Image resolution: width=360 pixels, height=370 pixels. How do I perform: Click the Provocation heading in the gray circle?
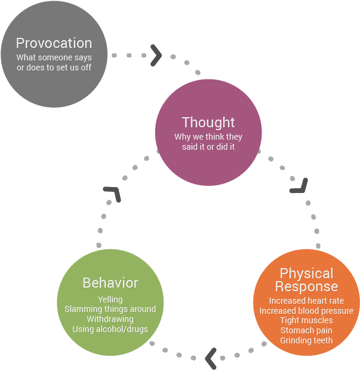pyautogui.click(x=54, y=43)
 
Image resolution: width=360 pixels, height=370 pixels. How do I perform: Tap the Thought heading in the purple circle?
pyautogui.click(x=208, y=123)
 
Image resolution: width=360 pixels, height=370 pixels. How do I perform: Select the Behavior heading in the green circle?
pyautogui.click(x=110, y=283)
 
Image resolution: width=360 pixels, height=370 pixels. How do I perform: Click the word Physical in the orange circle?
pyautogui.click(x=306, y=274)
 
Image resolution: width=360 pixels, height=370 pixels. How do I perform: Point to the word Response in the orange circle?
pyautogui.click(x=306, y=287)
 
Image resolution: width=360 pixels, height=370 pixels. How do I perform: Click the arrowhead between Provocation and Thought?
pyautogui.click(x=157, y=55)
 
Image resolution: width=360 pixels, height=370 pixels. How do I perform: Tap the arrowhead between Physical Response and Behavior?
pyautogui.click(x=210, y=358)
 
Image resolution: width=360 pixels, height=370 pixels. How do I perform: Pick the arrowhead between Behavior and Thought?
pyautogui.click(x=112, y=194)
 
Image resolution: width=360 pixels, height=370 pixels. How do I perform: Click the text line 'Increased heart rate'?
pyautogui.click(x=306, y=301)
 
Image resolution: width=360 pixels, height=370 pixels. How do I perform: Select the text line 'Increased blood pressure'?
pyautogui.click(x=306, y=311)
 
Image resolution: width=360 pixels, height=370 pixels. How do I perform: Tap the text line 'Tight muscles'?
pyautogui.click(x=306, y=321)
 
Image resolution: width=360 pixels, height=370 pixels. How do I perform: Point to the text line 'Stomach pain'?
pyautogui.click(x=306, y=330)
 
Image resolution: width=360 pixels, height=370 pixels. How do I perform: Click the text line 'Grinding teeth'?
pyautogui.click(x=306, y=340)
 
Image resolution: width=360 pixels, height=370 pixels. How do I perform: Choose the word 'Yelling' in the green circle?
pyautogui.click(x=110, y=300)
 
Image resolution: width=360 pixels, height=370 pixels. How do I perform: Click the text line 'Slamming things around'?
pyautogui.click(x=110, y=309)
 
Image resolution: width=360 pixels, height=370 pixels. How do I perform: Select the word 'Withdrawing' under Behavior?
pyautogui.click(x=110, y=319)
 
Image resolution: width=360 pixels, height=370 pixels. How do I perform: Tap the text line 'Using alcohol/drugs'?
pyautogui.click(x=110, y=329)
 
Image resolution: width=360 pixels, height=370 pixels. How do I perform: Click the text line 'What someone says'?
pyautogui.click(x=54, y=57)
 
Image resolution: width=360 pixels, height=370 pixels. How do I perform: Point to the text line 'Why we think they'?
pyautogui.click(x=208, y=137)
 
